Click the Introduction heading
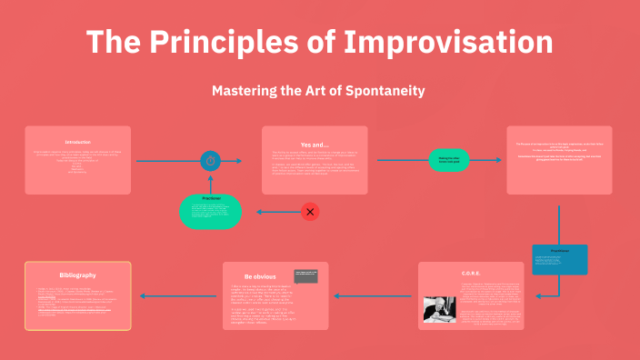click(x=78, y=142)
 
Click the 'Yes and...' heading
click(x=315, y=144)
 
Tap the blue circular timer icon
click(x=210, y=161)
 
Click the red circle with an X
click(x=310, y=212)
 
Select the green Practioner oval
click(x=210, y=211)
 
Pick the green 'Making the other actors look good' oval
click(x=449, y=160)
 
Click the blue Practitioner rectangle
click(x=559, y=259)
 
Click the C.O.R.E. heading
click(x=471, y=273)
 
